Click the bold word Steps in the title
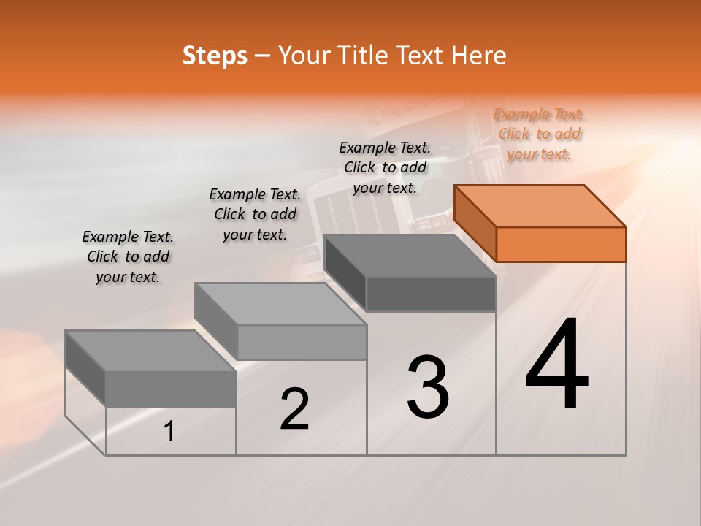click(x=215, y=56)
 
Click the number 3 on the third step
click(x=428, y=387)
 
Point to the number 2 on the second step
click(x=295, y=410)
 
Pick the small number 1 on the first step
click(x=169, y=432)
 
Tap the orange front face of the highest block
click(x=561, y=244)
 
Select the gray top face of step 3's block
click(x=409, y=256)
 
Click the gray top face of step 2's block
click(x=280, y=304)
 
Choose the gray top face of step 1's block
click(x=150, y=351)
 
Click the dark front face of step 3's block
click(x=431, y=294)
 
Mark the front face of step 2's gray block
click(x=302, y=342)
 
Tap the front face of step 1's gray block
click(x=171, y=389)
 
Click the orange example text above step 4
click(x=540, y=134)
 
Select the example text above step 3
click(x=385, y=167)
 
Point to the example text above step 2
click(x=255, y=214)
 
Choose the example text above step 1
click(x=128, y=256)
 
